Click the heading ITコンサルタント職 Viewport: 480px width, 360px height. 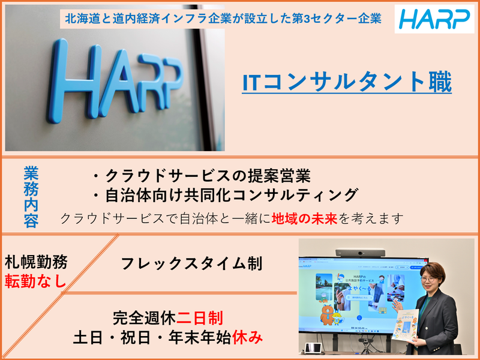[347, 83]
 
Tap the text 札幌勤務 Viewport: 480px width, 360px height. [36, 262]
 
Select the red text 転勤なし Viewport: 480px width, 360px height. [36, 281]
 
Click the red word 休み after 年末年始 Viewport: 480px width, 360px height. [253, 337]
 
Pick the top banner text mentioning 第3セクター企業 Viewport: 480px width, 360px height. [221, 19]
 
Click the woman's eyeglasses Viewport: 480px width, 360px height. [431, 279]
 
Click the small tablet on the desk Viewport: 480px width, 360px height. [311, 347]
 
